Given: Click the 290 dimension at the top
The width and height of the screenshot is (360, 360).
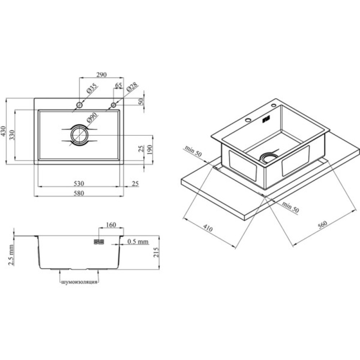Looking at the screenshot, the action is [101, 75].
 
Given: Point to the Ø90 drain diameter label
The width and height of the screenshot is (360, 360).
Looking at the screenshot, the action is [92, 118].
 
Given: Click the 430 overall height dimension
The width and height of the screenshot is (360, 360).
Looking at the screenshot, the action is [3, 131].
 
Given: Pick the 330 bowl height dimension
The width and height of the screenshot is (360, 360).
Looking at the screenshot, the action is [12, 135].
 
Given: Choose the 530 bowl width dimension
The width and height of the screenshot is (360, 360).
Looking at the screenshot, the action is [79, 184].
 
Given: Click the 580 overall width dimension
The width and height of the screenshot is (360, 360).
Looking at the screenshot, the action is [79, 193].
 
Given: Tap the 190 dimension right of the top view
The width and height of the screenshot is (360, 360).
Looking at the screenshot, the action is [149, 149].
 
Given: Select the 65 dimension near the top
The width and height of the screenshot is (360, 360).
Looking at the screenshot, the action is [118, 85].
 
